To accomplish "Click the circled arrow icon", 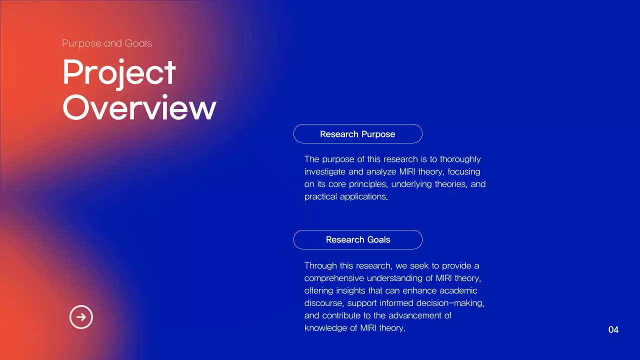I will [81, 317].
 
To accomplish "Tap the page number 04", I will [613, 330].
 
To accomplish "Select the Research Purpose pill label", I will [357, 134].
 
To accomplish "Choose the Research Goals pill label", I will [357, 239].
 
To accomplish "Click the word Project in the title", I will [119, 73].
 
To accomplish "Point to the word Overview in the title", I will [139, 108].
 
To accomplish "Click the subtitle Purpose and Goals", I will [107, 43].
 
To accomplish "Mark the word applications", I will [362, 197].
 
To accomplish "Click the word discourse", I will [323, 303].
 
